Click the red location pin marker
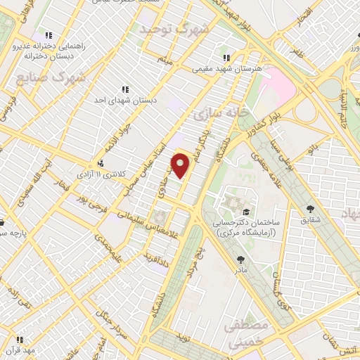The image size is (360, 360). [181, 165]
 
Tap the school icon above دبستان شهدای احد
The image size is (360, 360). [125, 89]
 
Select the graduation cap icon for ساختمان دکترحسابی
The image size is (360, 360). [245, 211]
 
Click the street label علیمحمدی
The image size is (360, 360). [109, 246]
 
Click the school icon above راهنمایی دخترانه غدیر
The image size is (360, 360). [48, 34]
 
